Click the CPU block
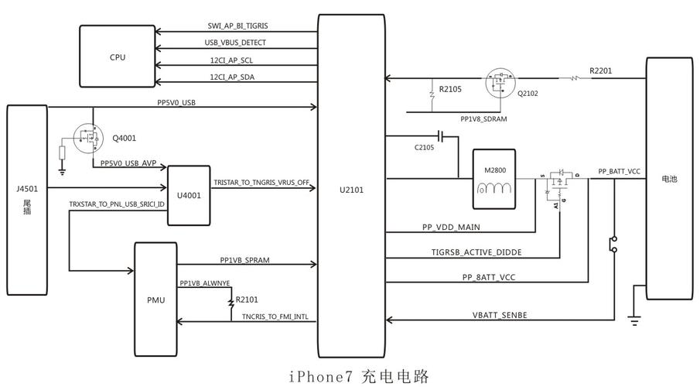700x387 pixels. pos(118,57)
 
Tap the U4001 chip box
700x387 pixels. pos(188,195)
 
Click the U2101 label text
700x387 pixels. pos(351,188)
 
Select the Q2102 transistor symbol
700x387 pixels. pos(501,81)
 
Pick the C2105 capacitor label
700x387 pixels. pos(424,147)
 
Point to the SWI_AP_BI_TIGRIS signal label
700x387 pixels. pos(238,26)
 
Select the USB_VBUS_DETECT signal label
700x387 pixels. pos(237,43)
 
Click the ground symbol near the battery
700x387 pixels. pos(634,322)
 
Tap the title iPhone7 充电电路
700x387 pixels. pos(359,376)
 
